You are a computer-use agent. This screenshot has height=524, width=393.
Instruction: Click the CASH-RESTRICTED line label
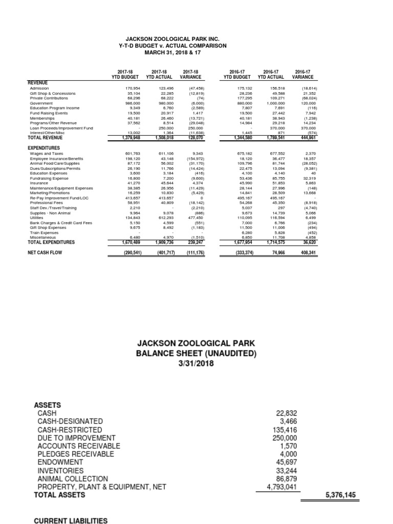pos(70,430)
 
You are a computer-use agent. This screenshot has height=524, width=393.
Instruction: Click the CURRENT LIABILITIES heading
pos(71,520)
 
